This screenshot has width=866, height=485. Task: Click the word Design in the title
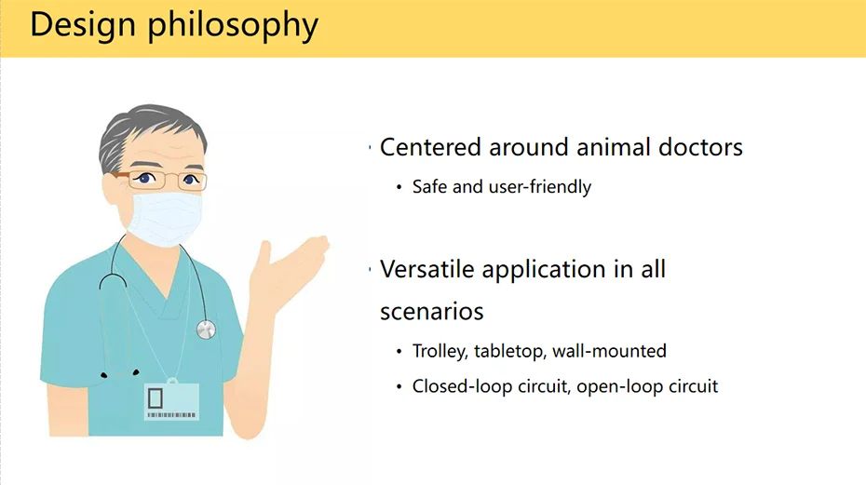click(x=83, y=25)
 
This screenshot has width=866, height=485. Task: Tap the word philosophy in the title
click(x=233, y=26)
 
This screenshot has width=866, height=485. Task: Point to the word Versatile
click(x=426, y=269)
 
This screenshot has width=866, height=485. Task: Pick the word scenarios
click(x=432, y=311)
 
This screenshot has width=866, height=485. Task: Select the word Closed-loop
click(x=462, y=386)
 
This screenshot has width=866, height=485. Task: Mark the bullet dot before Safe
click(x=399, y=187)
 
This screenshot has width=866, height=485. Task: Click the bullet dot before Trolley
click(x=399, y=352)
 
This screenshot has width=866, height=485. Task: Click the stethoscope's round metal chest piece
click(x=206, y=330)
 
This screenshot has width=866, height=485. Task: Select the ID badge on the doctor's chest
click(x=171, y=401)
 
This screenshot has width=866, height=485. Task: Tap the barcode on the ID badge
click(x=171, y=415)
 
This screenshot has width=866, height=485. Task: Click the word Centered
click(x=430, y=147)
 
